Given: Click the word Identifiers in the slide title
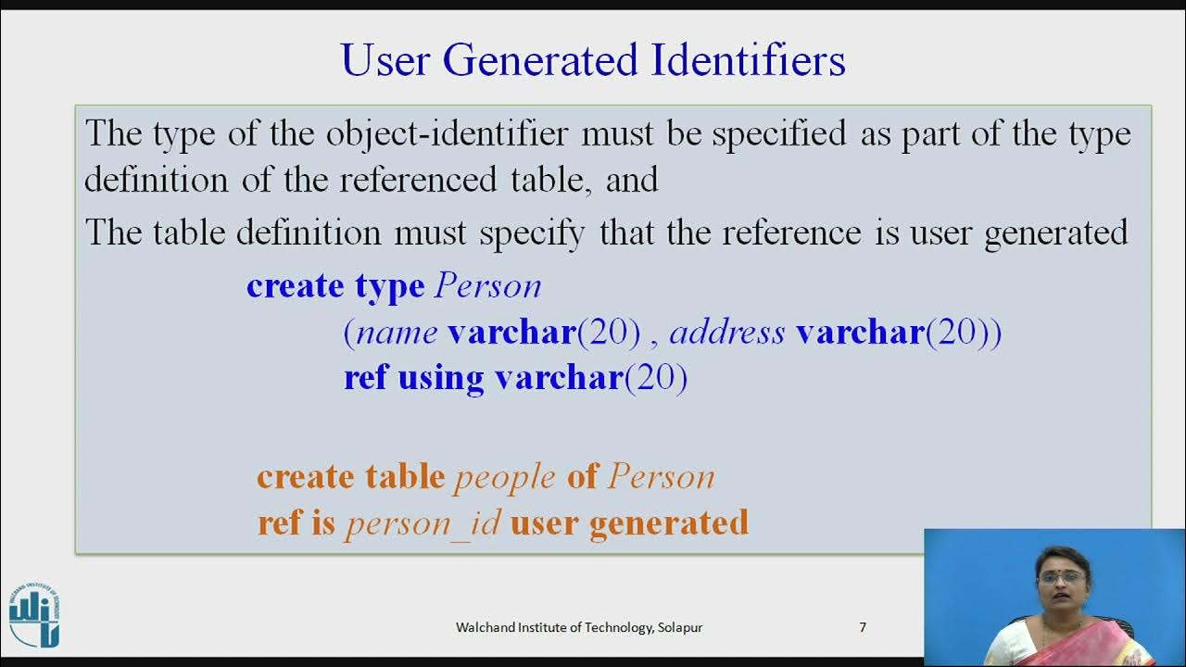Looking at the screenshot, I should pos(748,61).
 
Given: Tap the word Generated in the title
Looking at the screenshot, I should pos(540,61).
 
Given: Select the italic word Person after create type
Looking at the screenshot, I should pos(487,286).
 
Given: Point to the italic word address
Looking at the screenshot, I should pos(726,333).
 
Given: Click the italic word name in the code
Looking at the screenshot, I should pos(397,333).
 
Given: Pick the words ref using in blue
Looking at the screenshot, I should pos(413,379).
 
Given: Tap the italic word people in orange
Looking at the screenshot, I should pos(505,477).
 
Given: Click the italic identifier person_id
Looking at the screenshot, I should pos(423,524).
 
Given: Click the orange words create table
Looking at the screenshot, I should pos(350,477).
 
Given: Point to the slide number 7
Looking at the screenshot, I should pos(863,627).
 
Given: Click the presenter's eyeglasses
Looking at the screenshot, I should pos(1062,576).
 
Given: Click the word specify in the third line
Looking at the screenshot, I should pos(532,233).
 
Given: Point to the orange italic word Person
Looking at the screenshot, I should pos(661,477).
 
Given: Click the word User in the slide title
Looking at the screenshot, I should pos(385,61).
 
